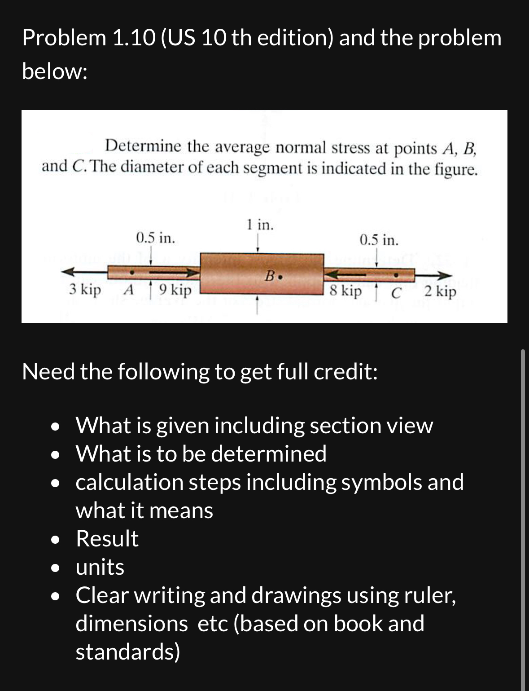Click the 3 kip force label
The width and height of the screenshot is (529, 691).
[x=85, y=290]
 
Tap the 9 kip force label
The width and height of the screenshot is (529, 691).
[x=175, y=290]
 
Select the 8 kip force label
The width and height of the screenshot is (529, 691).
[x=345, y=291]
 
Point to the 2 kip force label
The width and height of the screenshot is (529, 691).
[x=440, y=291]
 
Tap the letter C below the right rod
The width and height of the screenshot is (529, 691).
[x=395, y=293]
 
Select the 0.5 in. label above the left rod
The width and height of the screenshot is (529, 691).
[x=155, y=237]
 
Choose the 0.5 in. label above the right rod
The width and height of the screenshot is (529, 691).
[x=379, y=240]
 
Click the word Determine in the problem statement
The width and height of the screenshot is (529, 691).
[x=143, y=146]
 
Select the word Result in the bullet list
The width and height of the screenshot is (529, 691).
[x=107, y=538]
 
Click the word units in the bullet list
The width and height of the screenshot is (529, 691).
[x=100, y=567]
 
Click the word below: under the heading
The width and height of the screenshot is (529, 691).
[x=54, y=71]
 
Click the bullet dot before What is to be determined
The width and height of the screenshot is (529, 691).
[x=55, y=455]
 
